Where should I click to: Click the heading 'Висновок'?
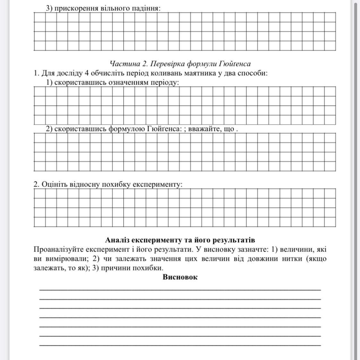[180, 277]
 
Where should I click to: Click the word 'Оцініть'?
[55, 184]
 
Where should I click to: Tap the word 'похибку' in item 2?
[116, 184]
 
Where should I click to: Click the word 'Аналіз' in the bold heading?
[116, 240]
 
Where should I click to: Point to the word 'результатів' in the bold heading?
[234, 240]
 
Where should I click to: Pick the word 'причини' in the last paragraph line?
[114, 268]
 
